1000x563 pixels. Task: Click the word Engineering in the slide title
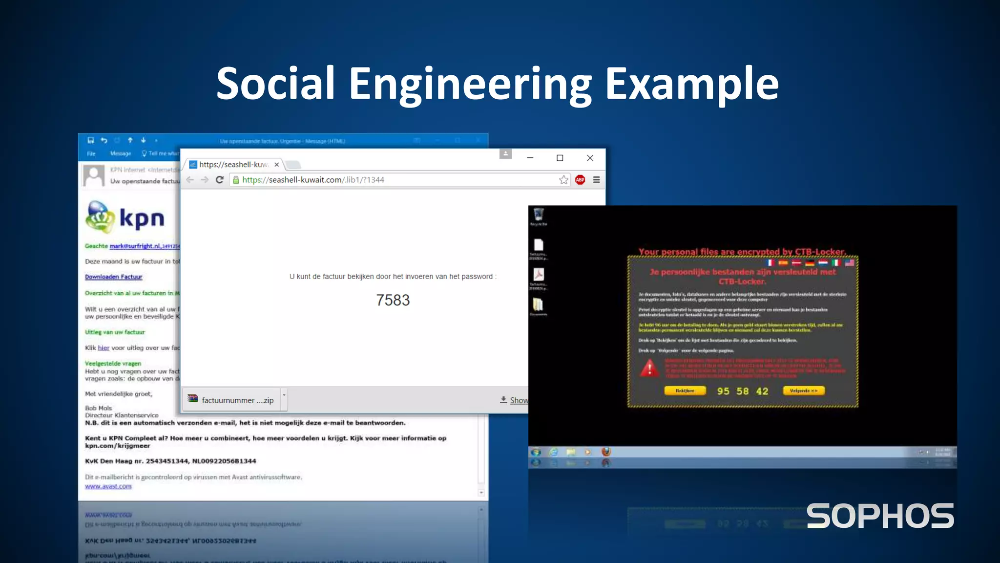(470, 84)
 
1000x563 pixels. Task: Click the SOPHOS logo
(880, 516)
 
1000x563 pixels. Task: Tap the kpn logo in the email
(125, 217)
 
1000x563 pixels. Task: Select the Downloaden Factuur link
(113, 277)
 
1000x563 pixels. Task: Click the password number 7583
(393, 300)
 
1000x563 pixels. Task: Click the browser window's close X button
(590, 158)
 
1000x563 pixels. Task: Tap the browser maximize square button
(560, 158)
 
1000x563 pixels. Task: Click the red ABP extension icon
(580, 180)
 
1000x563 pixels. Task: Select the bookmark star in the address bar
(563, 180)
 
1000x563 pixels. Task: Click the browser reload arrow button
(220, 180)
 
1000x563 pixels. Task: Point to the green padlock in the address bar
(236, 180)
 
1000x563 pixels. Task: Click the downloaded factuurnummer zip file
(231, 400)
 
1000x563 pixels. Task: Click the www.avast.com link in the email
(108, 486)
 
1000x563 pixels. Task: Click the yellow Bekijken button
(685, 390)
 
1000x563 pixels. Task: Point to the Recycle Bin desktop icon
(539, 215)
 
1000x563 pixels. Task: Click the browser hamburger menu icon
(596, 180)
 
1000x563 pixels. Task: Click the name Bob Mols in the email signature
(98, 408)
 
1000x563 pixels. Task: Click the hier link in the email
(103, 348)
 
